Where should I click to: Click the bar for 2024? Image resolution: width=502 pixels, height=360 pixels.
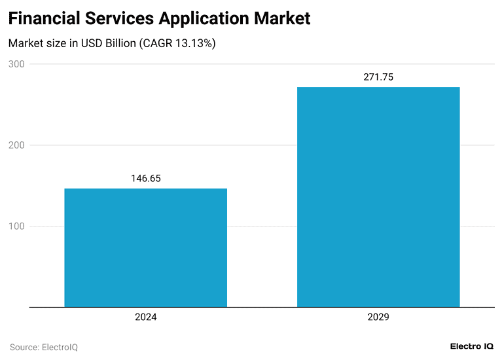coord(145,247)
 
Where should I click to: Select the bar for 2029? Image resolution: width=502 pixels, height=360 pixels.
coord(378,196)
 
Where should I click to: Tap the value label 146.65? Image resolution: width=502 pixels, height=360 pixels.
coord(145,178)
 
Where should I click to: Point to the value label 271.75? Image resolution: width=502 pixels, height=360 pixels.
coord(378,77)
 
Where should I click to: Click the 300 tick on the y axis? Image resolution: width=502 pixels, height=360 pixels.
coord(16,64)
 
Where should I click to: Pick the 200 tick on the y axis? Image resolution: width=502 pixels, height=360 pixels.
coord(16,145)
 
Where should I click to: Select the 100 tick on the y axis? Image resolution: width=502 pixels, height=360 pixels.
coord(16,226)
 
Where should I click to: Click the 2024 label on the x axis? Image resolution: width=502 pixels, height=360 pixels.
coord(145,317)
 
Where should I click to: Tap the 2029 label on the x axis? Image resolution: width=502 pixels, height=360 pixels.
coord(378,317)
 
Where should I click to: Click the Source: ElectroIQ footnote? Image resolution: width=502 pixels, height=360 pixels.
coord(43,347)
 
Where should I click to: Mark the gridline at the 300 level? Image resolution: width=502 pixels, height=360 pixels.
coord(262,64)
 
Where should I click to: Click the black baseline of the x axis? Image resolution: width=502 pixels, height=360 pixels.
coord(262,307)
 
